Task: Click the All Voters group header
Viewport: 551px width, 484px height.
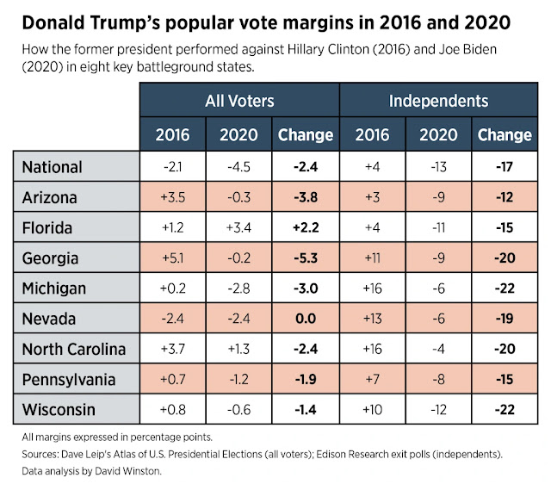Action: [x=239, y=102]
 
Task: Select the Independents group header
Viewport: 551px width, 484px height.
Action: [x=438, y=102]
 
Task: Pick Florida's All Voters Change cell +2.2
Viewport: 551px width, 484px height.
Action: [x=305, y=228]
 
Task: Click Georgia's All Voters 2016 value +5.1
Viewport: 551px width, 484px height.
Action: [x=172, y=258]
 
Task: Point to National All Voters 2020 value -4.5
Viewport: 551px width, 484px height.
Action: [x=238, y=167]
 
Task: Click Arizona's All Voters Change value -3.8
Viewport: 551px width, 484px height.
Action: [x=305, y=197]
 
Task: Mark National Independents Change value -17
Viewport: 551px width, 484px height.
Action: [x=504, y=167]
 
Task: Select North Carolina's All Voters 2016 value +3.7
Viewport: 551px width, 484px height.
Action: [x=172, y=350]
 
